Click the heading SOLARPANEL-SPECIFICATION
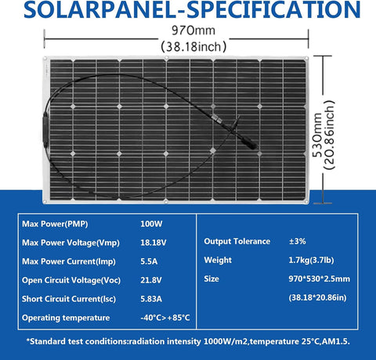coord(188,11)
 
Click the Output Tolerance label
coord(237,242)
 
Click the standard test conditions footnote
coord(188,341)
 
